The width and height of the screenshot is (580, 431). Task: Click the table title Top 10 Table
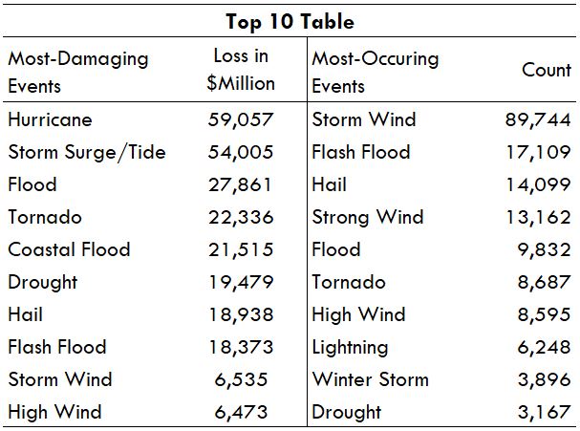coord(290,21)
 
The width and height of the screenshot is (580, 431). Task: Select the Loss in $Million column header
coord(241,70)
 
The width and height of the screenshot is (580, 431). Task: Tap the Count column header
coord(547,70)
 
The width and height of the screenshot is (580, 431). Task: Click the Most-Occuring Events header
coord(376,73)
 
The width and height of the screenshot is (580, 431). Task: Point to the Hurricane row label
coord(50,119)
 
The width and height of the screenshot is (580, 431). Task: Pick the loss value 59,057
coord(241,119)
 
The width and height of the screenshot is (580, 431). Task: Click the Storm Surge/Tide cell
coord(87,152)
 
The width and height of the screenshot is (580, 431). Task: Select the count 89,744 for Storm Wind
coord(538,119)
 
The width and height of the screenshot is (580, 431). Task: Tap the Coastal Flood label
coord(69,249)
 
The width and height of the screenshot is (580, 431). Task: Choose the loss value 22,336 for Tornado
coord(241,217)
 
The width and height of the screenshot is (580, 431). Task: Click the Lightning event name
coord(350,348)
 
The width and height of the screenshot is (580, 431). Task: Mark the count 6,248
coord(544,348)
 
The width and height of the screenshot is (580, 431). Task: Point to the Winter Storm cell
coord(371,379)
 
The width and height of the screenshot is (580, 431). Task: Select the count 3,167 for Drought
coord(544,412)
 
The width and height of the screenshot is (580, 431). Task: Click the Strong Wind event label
coord(368,218)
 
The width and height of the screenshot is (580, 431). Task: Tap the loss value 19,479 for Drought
coord(241,282)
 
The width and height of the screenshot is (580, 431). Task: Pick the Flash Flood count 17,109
coord(538,152)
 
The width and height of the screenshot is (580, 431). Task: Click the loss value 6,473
coord(241,412)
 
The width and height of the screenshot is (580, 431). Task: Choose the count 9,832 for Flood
coord(544,249)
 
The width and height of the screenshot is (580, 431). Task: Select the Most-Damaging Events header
coord(78,73)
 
